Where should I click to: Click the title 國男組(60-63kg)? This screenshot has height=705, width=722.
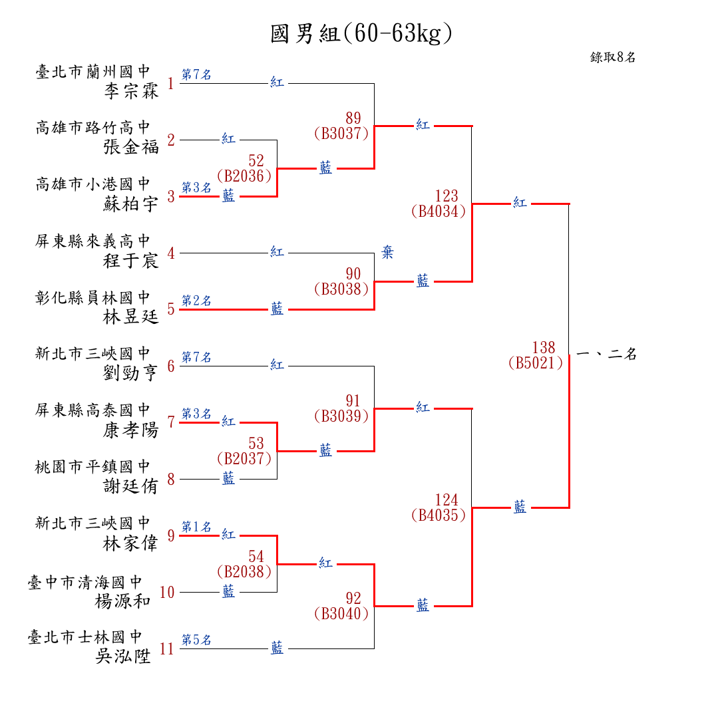(x=361, y=34)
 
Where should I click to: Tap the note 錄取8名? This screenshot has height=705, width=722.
(x=613, y=57)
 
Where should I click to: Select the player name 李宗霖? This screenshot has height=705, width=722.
(x=132, y=91)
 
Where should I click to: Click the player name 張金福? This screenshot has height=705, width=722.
(x=132, y=147)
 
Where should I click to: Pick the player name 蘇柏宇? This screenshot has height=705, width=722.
(x=132, y=204)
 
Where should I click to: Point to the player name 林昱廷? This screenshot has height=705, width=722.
(x=132, y=317)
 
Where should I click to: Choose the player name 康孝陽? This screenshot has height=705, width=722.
(x=132, y=430)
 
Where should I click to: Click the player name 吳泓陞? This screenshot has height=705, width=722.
(x=124, y=656)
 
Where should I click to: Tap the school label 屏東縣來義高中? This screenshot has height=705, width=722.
(x=93, y=241)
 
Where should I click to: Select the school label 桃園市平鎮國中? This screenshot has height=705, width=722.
(x=93, y=467)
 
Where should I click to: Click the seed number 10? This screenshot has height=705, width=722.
(x=167, y=593)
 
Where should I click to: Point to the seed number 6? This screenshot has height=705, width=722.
(x=171, y=366)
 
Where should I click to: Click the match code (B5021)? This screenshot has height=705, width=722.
(x=535, y=363)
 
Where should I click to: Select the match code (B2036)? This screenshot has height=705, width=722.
(x=244, y=176)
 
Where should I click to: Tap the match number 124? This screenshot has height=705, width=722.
(x=447, y=499)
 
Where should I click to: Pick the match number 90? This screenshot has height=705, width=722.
(x=353, y=273)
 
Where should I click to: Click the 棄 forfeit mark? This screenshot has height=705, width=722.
(x=387, y=253)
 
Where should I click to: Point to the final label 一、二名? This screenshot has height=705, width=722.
(x=607, y=354)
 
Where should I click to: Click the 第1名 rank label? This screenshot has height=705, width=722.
(x=196, y=527)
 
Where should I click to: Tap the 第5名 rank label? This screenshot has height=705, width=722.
(x=196, y=640)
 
